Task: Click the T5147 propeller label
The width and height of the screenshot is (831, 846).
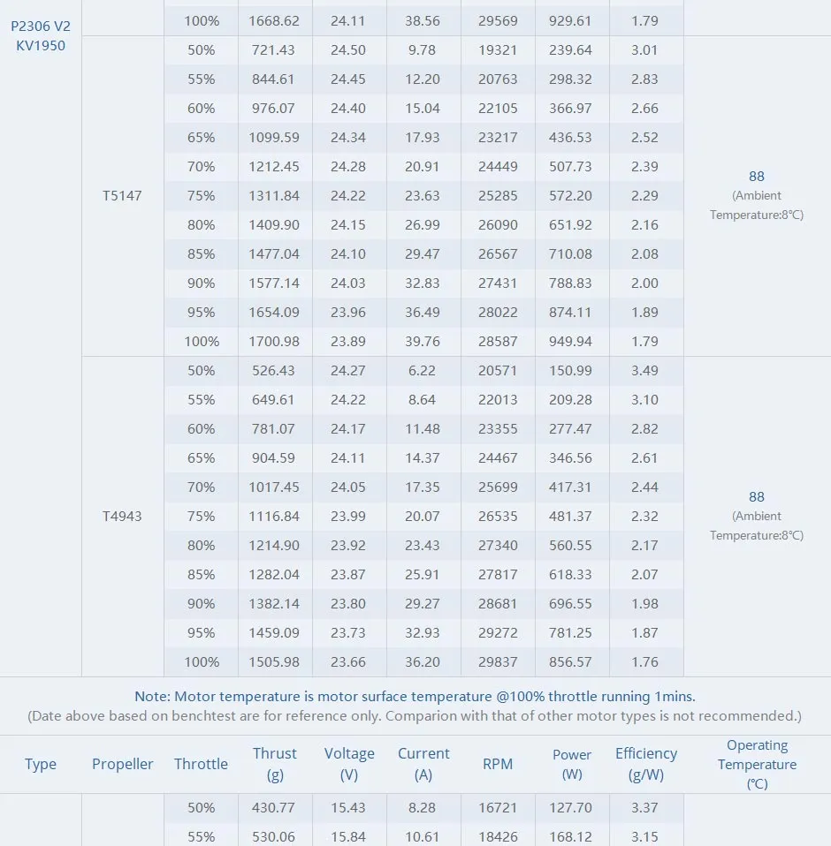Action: click(122, 196)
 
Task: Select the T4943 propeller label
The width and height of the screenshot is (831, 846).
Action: click(122, 517)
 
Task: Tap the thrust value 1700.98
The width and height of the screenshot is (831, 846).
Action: click(275, 342)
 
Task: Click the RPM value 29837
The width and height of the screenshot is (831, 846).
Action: click(498, 662)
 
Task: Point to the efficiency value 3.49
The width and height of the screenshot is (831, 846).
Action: click(644, 371)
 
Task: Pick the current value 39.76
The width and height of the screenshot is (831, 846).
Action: click(423, 342)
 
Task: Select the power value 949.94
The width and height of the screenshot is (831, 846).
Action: click(571, 342)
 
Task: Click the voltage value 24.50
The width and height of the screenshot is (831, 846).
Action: click(348, 50)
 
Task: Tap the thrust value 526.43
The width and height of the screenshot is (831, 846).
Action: click(275, 371)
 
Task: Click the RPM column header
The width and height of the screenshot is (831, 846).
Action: click(498, 765)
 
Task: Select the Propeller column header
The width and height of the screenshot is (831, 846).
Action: click(123, 765)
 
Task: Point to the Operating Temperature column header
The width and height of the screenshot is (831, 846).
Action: click(757, 765)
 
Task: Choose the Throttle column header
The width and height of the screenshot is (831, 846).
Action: click(201, 765)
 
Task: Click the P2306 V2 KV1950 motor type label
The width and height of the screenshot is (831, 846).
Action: click(41, 36)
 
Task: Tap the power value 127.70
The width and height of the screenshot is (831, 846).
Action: click(571, 808)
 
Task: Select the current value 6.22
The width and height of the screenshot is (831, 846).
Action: click(423, 371)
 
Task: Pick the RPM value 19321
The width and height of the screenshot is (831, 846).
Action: click(498, 50)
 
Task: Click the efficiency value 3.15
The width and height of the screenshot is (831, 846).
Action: click(644, 837)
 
